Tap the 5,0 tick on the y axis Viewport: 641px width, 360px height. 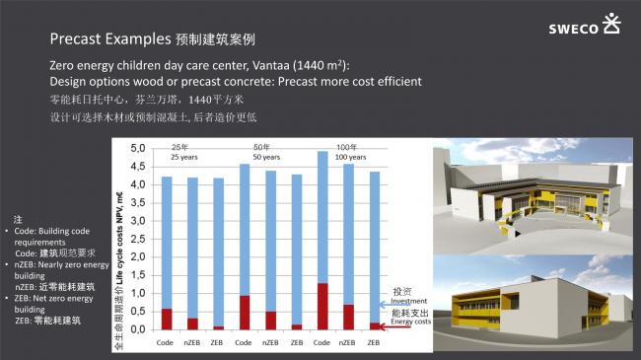pos(139,148)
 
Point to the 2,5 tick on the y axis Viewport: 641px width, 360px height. pos(139,239)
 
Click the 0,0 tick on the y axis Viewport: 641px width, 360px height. pos(139,329)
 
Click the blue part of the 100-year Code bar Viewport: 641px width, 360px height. pos(321,217)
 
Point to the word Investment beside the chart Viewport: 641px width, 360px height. pos(408,302)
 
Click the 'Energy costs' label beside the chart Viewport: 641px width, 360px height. pos(410,322)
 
